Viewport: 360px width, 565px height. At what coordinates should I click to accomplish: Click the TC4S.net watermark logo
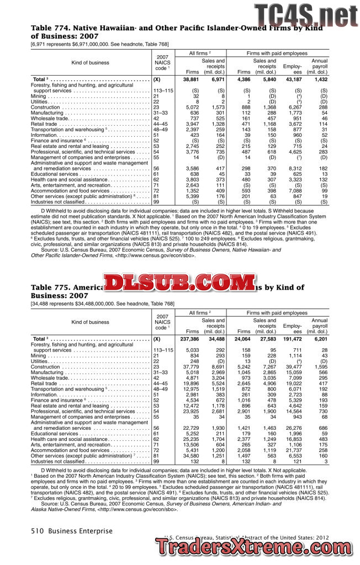305,14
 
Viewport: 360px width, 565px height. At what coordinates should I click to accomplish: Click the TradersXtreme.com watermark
256,547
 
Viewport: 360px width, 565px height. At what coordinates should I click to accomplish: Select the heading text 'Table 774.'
50,26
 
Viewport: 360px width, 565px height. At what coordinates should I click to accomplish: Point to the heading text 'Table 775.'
50,287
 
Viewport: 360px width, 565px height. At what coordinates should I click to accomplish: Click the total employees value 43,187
293,80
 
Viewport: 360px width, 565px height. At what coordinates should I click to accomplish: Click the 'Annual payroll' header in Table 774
319,66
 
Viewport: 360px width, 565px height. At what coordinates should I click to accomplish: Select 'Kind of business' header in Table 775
90,322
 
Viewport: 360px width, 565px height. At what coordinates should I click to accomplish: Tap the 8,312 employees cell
293,168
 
